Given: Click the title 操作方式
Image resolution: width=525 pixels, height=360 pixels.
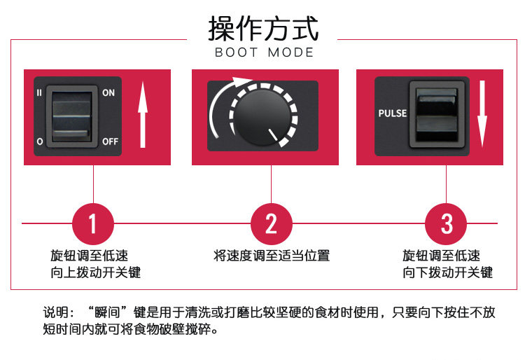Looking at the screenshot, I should (x=263, y=29).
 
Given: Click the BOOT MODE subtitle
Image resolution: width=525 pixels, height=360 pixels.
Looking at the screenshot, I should (x=264, y=53).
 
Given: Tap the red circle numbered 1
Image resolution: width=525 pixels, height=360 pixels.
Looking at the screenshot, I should (x=93, y=223).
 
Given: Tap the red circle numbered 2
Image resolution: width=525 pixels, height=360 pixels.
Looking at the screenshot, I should (x=271, y=223).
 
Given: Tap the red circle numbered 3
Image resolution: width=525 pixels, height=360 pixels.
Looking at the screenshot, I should (x=447, y=223).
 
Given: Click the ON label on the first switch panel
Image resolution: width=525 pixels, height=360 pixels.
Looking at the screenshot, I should (x=108, y=92).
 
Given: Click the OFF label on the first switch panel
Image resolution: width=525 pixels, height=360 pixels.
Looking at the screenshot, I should (x=111, y=141).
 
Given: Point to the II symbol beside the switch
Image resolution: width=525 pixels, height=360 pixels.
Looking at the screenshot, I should (x=39, y=92).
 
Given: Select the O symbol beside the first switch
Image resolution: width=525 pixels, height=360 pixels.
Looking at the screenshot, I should (x=39, y=141).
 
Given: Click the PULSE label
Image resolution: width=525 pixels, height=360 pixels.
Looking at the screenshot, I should (x=392, y=113).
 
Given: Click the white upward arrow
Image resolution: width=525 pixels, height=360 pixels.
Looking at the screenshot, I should (x=143, y=116).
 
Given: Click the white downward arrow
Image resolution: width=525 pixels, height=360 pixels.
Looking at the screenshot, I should (x=482, y=114).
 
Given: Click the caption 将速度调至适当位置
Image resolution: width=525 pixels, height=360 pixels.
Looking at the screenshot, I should (x=271, y=256).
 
